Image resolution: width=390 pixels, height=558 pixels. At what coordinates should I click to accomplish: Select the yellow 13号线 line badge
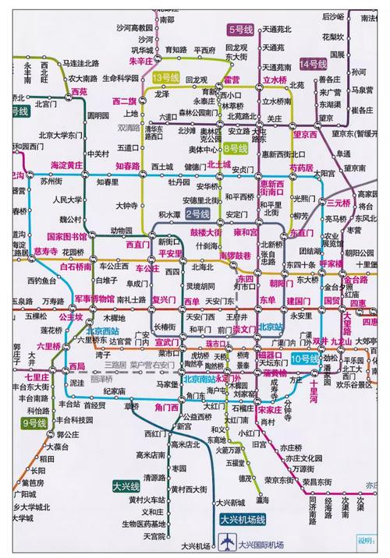[166, 77]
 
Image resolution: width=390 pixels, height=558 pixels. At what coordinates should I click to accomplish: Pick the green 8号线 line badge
[235, 148]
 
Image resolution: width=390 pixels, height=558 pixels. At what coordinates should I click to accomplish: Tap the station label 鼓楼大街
[207, 232]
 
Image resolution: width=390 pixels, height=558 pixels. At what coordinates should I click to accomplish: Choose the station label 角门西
[167, 406]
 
